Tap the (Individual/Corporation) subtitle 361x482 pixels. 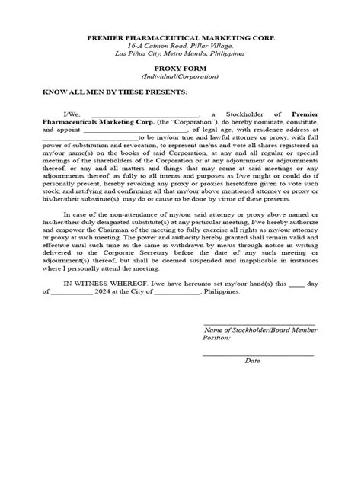pos(180,77)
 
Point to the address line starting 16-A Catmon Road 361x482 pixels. pos(180,47)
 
